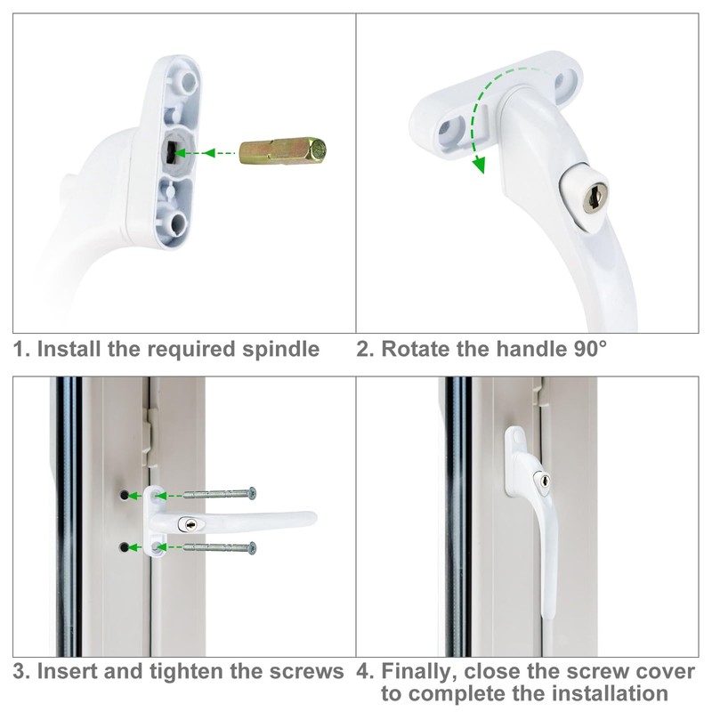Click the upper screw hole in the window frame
pos(123,493)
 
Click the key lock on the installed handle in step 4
pos(539,481)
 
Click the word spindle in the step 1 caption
pos(280,348)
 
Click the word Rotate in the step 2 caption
pos(413,348)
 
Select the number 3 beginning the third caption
pos(19,671)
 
